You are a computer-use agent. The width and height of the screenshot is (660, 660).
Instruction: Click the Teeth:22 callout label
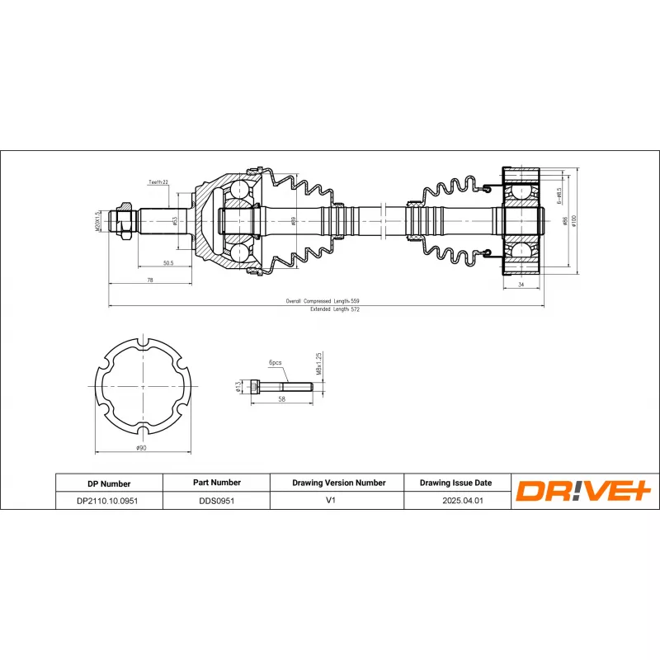click(158, 181)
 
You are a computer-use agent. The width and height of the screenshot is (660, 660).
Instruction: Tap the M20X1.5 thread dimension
click(97, 219)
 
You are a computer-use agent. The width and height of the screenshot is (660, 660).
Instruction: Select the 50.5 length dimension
click(167, 262)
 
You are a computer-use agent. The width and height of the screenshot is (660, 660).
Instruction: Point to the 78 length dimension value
click(149, 280)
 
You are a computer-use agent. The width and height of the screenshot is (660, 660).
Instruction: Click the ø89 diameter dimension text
click(293, 220)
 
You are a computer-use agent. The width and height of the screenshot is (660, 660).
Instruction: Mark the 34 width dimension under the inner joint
click(521, 285)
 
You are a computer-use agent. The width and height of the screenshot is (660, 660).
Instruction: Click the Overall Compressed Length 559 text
click(323, 302)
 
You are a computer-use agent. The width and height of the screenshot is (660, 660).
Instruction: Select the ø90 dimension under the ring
click(142, 448)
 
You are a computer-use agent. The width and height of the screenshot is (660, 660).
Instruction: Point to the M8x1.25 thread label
click(318, 363)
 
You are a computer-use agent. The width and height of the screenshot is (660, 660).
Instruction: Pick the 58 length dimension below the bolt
click(282, 398)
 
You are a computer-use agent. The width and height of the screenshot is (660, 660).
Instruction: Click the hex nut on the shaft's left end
click(124, 220)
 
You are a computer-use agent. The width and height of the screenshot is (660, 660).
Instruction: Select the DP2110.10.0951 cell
click(109, 501)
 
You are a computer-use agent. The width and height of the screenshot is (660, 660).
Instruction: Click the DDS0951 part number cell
click(215, 501)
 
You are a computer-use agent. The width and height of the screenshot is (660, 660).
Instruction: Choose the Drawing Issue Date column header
click(455, 483)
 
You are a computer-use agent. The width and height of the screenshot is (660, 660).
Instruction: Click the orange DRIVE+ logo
click(584, 491)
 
